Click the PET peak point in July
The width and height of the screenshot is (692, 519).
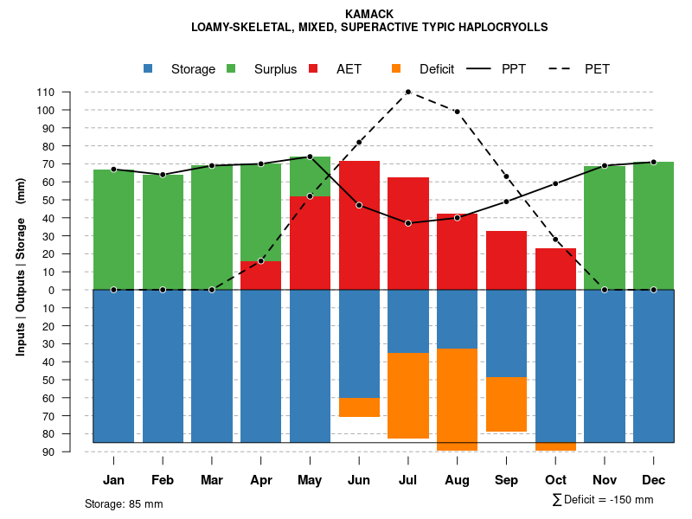coord(407,92)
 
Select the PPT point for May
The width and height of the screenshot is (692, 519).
coord(310,157)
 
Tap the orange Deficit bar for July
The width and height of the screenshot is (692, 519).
coord(407,395)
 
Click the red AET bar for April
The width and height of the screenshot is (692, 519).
coord(260,275)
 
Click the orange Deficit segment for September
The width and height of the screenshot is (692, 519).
coord(506,404)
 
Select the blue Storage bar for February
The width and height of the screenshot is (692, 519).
coord(163,366)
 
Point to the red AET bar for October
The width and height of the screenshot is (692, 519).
coord(555,269)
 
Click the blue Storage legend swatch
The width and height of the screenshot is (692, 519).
coord(149,69)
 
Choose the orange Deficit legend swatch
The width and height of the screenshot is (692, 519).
coord(396,69)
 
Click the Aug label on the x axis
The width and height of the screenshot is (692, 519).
coord(457,480)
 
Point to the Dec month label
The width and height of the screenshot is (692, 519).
coord(653,480)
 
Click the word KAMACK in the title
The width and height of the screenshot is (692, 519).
coord(369,14)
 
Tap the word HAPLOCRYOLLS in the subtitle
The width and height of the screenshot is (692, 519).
coord(503,27)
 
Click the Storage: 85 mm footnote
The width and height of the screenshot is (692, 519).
coord(124,503)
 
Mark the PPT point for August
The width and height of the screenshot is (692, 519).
coord(457,218)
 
